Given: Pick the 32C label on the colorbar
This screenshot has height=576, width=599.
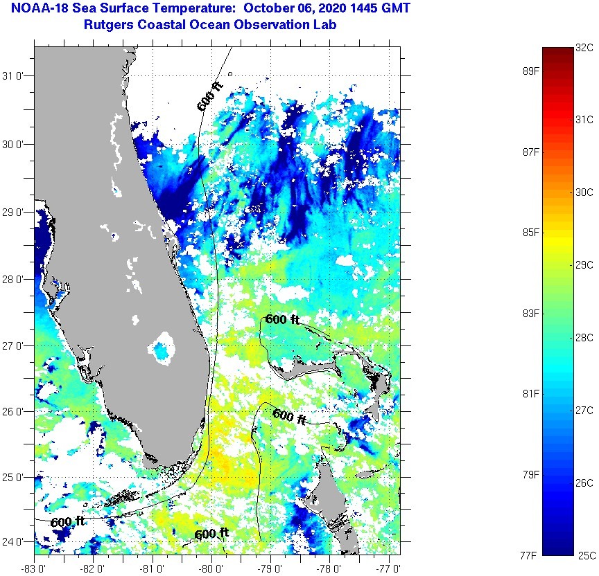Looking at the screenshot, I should tap(584, 48).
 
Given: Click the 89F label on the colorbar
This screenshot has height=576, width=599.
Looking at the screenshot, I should tap(530, 71).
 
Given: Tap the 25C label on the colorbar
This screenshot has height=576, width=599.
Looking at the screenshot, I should tap(584, 555).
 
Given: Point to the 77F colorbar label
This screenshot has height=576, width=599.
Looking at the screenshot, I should tap(530, 555).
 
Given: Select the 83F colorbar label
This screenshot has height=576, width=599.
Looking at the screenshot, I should tap(530, 313).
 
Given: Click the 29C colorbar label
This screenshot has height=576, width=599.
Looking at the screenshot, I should tap(584, 264).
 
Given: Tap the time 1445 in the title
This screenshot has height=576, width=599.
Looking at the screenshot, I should tap(357, 9).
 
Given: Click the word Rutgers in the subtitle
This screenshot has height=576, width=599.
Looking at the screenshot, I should tap(103, 25).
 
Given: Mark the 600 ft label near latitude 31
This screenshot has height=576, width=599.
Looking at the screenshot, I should tap(209, 98).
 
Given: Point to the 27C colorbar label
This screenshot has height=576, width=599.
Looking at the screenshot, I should tap(584, 411).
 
